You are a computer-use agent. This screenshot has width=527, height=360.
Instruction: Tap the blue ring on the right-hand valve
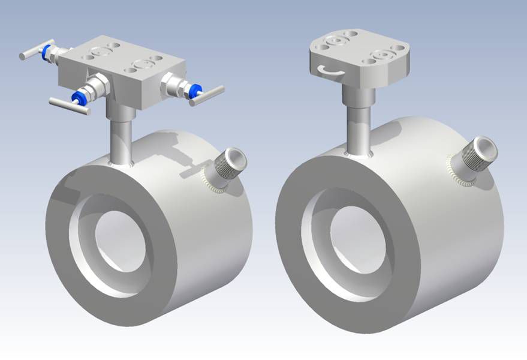[194, 91]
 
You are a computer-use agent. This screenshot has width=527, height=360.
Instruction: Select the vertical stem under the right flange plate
[359, 117]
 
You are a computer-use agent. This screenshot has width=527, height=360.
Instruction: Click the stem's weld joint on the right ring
[359, 155]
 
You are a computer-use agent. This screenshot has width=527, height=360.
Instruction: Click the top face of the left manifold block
[120, 55]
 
